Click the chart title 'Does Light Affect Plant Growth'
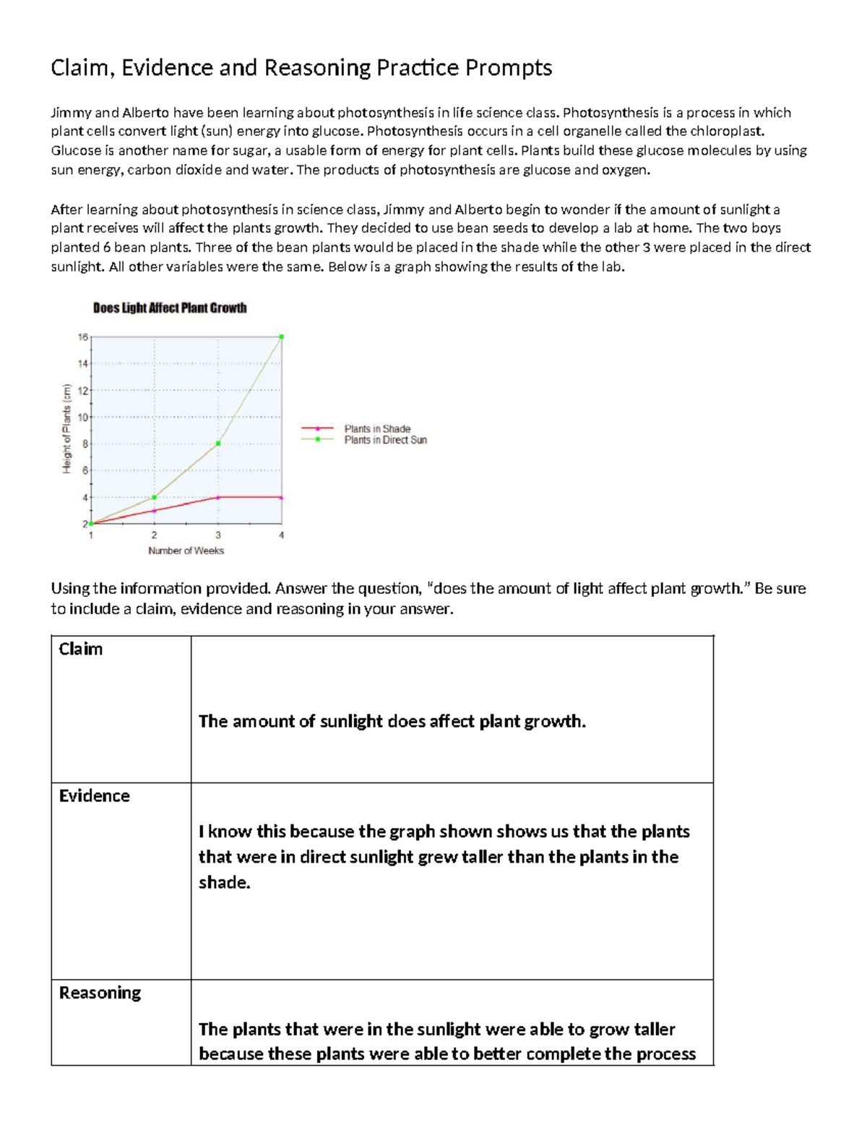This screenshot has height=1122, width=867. (170, 308)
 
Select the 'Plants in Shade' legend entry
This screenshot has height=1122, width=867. (377, 428)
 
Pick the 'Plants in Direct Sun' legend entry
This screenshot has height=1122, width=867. (385, 440)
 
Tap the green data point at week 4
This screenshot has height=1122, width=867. (281, 337)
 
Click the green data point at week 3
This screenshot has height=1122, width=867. (218, 444)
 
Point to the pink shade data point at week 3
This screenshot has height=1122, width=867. (218, 497)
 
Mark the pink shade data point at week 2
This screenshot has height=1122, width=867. (154, 511)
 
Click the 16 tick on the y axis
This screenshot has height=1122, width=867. (82, 337)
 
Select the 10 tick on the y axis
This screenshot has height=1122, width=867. (82, 418)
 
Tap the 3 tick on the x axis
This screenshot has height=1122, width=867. (218, 535)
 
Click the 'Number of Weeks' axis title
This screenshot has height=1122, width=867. (186, 551)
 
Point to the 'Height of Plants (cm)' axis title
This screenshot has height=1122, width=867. (66, 430)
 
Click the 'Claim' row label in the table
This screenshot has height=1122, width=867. (81, 649)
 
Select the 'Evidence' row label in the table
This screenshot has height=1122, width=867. (95, 795)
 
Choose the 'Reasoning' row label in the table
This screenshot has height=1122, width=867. (100, 993)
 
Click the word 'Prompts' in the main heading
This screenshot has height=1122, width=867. (509, 68)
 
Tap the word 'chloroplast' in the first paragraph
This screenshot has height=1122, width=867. (725, 131)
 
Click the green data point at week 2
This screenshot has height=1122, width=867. (154, 497)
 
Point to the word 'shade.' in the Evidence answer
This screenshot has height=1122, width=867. (224, 882)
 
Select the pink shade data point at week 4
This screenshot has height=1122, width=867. (281, 497)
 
